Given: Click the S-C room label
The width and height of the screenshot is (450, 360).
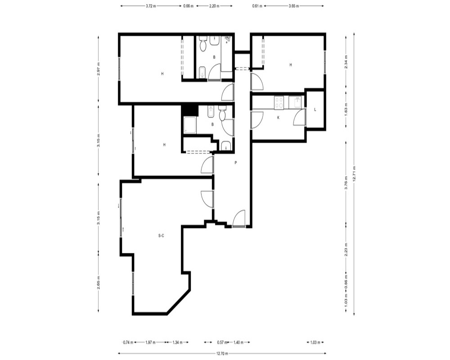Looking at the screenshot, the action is click(x=161, y=236).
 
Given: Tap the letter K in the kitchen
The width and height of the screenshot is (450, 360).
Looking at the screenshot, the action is click(x=278, y=118).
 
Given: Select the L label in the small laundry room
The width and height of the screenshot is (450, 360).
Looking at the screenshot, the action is click(x=315, y=110).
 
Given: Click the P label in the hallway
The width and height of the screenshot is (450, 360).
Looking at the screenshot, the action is click(x=236, y=163).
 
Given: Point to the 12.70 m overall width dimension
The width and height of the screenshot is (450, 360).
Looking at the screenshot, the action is click(x=222, y=354).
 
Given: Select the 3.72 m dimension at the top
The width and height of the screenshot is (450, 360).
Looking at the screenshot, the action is click(x=151, y=6).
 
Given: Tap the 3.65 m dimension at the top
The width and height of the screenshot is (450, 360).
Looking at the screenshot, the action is click(x=293, y=6).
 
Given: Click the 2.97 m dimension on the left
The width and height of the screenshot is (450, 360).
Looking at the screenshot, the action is click(x=99, y=69).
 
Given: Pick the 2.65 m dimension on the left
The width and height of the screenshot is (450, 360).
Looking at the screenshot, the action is click(x=99, y=283).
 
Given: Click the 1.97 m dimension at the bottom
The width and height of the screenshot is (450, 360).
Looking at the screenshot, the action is click(x=150, y=342).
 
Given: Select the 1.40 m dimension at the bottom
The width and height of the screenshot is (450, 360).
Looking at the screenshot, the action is click(x=238, y=342).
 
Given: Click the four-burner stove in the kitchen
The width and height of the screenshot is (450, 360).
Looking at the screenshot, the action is click(x=279, y=103).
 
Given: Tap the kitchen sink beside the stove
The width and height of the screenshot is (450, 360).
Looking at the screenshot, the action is click(x=295, y=103).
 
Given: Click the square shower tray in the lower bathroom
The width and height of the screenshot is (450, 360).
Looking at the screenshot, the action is click(x=190, y=125).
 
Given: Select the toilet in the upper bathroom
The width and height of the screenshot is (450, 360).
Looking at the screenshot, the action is click(x=203, y=44).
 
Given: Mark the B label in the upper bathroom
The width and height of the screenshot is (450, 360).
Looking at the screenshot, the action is click(x=214, y=58).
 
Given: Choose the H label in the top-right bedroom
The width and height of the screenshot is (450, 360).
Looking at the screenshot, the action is click(x=291, y=65).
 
